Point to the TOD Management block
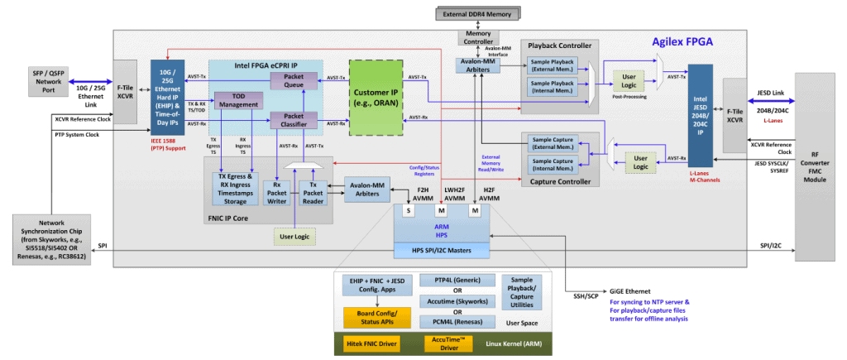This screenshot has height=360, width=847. (238, 100)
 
